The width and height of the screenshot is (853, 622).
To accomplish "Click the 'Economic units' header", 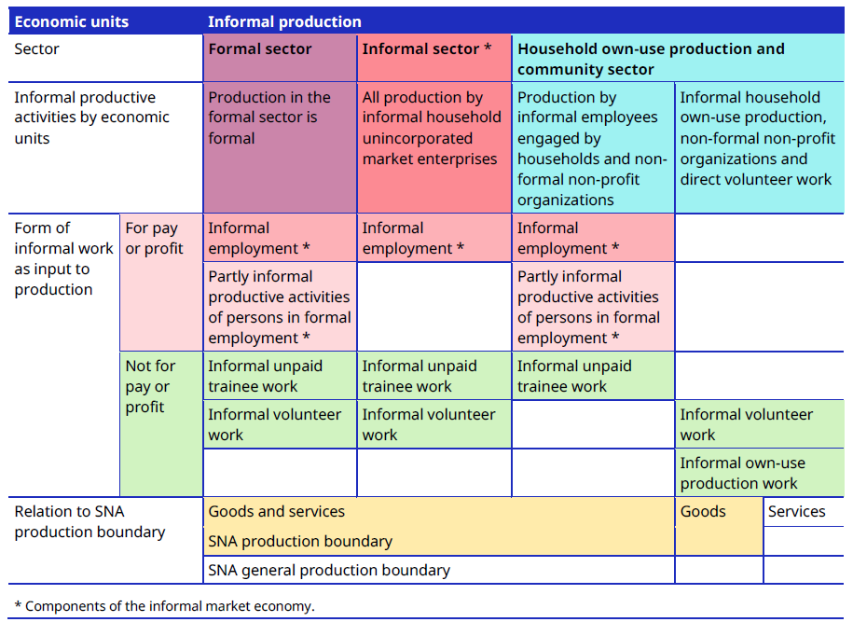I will tap(72, 21).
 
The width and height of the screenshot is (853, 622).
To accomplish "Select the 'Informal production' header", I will tap(284, 21).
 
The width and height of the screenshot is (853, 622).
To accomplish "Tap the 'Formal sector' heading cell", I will tap(260, 48).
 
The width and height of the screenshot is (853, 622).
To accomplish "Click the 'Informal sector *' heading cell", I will tap(426, 48).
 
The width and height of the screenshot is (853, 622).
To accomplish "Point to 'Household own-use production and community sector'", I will tap(651, 59).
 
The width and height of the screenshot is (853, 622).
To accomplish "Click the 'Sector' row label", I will tap(37, 48).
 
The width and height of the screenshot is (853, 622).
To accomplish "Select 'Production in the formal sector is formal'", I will tap(269, 117).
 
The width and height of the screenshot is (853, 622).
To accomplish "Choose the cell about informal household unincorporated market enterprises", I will tap(432, 128).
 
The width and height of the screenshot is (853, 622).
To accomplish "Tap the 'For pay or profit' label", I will tap(151, 238).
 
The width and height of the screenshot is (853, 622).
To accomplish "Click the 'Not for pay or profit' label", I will tap(150, 386).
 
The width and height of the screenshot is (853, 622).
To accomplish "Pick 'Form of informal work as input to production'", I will tap(63, 258).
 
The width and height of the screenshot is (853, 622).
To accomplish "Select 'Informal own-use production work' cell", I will tap(742, 473).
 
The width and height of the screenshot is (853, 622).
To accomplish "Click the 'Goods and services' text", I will tap(277, 511).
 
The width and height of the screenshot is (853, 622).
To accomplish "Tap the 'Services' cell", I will tap(796, 511).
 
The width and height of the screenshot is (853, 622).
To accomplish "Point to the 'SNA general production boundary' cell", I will tap(329, 570).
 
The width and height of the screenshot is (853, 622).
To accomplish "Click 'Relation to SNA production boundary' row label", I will tap(89, 521).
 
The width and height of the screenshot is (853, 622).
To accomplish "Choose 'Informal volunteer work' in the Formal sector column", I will tap(274, 424).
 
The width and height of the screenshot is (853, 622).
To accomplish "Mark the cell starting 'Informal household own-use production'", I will tap(755, 138).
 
